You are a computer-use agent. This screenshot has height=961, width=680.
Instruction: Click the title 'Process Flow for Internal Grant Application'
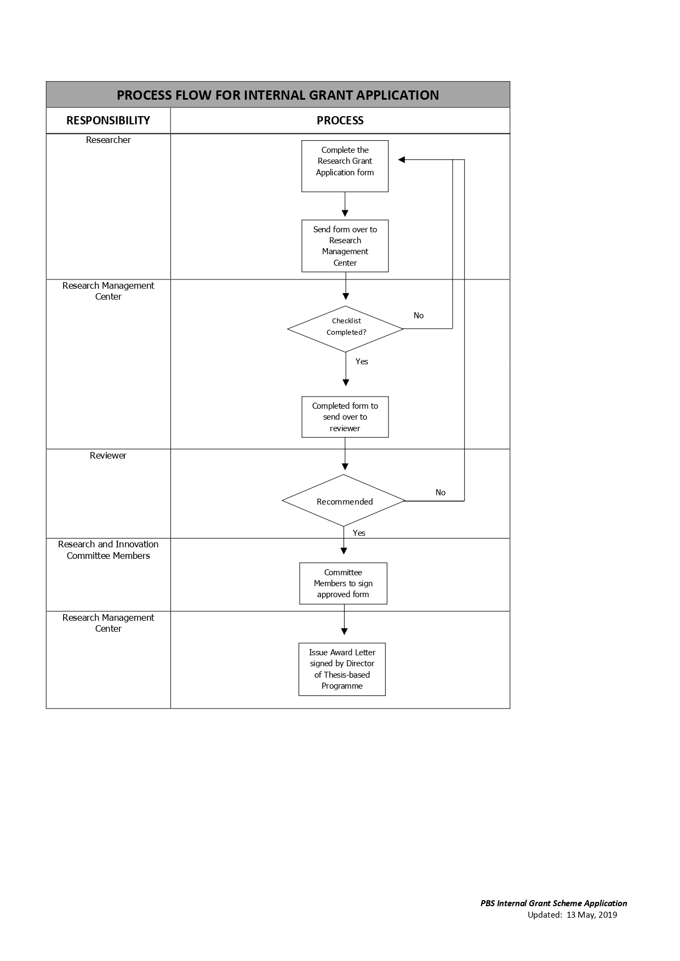[x=278, y=95]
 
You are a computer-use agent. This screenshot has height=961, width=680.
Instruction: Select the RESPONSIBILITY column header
[x=108, y=121]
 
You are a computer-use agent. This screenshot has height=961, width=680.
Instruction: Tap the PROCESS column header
[x=340, y=121]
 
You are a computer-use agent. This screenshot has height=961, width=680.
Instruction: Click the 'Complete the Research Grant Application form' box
[x=345, y=166]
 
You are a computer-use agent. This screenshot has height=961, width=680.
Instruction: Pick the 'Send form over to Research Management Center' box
[x=345, y=246]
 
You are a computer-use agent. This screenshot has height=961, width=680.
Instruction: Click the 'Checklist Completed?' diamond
[x=346, y=329]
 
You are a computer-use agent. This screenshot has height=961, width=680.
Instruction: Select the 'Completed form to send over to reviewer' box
[x=345, y=417]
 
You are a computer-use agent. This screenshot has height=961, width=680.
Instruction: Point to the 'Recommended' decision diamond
[x=344, y=501]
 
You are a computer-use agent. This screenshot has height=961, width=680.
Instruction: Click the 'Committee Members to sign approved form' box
[x=343, y=584]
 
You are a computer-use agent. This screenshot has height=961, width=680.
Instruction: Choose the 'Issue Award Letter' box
[x=342, y=669]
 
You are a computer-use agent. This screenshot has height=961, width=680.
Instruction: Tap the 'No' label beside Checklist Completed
[x=419, y=316]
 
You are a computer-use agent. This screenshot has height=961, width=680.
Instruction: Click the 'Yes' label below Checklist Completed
[x=362, y=362]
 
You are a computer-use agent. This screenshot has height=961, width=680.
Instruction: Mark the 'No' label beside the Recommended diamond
[x=441, y=493]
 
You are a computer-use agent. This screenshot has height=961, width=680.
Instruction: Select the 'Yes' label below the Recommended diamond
[x=359, y=533]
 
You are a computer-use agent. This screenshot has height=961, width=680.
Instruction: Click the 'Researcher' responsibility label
[x=108, y=140]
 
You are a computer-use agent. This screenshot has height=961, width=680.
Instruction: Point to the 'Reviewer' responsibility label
[x=108, y=456]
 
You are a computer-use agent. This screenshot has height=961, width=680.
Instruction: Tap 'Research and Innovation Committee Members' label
[x=108, y=550]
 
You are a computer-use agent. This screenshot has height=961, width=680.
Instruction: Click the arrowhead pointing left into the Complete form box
[x=401, y=160]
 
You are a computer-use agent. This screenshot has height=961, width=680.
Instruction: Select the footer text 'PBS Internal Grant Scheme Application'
[x=554, y=903]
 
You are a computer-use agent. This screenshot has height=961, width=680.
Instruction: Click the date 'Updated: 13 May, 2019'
[x=572, y=915]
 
